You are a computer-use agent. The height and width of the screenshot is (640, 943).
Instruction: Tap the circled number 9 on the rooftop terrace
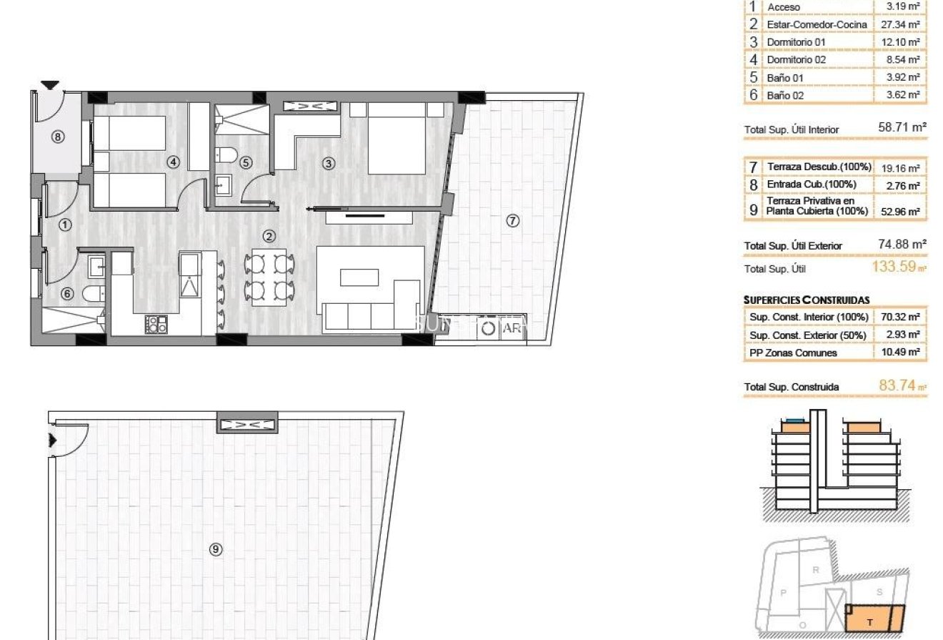point(216,549)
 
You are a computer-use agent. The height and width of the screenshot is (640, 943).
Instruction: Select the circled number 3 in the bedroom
point(329,163)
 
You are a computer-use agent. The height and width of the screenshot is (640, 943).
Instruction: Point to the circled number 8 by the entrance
point(59,137)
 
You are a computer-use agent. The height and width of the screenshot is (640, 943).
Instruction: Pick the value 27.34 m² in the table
point(902,24)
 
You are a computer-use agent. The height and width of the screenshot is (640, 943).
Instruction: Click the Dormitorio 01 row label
point(796,42)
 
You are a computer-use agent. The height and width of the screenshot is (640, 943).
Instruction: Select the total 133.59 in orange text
point(897,268)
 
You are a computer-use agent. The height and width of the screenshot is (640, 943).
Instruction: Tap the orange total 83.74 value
point(898,385)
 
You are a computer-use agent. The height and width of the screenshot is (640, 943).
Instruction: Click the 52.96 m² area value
point(902,211)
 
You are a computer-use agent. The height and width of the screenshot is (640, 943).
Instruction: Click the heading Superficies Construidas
point(807,300)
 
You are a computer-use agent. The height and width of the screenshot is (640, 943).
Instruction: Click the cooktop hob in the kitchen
point(156,324)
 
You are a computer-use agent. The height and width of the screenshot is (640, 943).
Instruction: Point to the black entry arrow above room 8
point(49,85)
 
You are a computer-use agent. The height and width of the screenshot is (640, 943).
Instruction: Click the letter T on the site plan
point(869,622)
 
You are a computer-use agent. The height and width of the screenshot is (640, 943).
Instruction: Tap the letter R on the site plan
point(816,570)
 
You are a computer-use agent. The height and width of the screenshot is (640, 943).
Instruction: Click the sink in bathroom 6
point(95,267)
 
